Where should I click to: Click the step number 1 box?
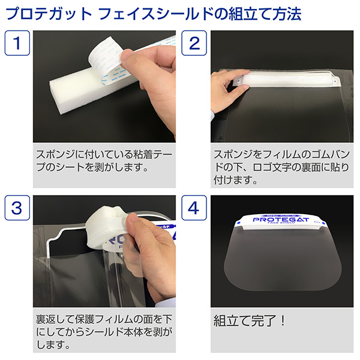coord(17,43)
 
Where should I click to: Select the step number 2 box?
coord(194,43)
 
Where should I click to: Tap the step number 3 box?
coord(17,208)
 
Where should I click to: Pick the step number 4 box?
coord(194,208)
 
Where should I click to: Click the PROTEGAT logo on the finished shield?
coord(281,220)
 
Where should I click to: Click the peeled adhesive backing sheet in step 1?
coord(108,59)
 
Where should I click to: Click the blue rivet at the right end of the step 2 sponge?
coord(335,81)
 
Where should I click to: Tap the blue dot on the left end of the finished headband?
coord(238,222)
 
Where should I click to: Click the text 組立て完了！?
coord(250,321)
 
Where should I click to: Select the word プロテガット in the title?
coord(49,14)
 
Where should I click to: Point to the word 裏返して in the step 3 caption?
coord(55,319)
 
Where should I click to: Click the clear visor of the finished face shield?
coord(283,259)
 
